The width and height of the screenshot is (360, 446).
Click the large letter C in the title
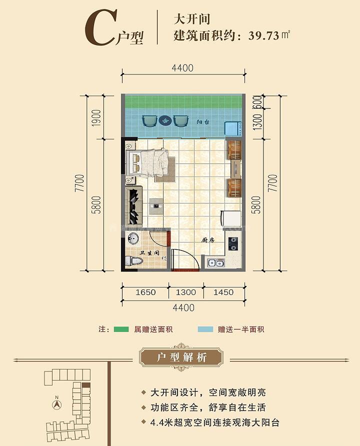[x=99, y=29]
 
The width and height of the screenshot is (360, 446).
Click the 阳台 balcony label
[x=202, y=121]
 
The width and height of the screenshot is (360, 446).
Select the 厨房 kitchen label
[x=208, y=240]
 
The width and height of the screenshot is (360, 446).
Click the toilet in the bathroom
[x=134, y=261]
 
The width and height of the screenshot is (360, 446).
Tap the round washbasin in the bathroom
[x=133, y=238]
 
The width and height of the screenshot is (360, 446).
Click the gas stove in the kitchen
[x=233, y=244]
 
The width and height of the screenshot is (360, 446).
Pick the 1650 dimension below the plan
[x=145, y=292]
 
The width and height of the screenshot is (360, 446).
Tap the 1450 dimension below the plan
[x=223, y=292]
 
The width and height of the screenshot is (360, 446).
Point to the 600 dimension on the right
[x=257, y=101]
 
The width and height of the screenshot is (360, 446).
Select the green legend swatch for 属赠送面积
[x=121, y=329]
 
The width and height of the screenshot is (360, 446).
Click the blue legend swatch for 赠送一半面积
[x=205, y=329]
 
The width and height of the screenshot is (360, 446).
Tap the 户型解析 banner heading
[x=181, y=357]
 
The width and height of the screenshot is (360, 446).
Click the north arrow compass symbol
[x=57, y=404]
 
